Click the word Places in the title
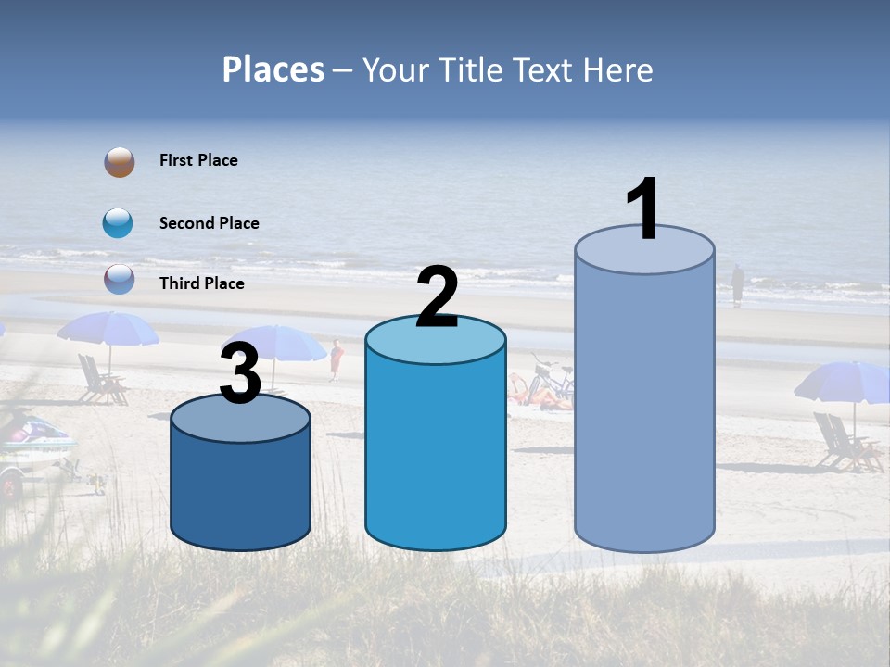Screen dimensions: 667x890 (273, 70)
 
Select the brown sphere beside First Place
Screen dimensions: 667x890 (120, 162)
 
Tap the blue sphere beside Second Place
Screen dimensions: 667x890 (118, 223)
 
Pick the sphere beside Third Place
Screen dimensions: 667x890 (120, 279)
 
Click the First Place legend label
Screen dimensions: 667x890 (198, 160)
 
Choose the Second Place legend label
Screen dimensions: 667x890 (209, 223)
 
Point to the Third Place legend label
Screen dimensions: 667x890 (202, 283)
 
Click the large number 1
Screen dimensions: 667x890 (642, 209)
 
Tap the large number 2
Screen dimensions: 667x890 (437, 296)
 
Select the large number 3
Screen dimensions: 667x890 (241, 374)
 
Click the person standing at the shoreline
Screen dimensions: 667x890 (737, 285)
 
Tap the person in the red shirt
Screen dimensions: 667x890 (337, 359)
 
